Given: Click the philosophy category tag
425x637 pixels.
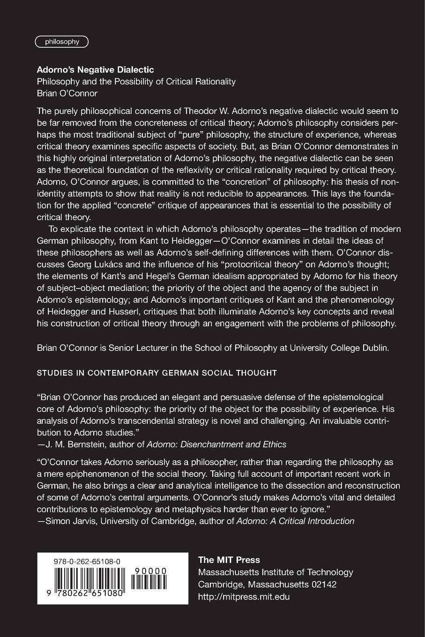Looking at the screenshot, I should [62, 42].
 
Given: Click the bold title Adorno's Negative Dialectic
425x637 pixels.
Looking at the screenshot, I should [96, 70].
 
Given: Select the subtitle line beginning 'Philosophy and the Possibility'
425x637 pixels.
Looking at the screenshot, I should [136, 81].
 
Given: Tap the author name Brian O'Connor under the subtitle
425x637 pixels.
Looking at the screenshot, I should [67, 93].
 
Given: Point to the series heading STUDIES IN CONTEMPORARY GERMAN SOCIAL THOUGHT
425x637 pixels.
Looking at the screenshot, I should [157, 373].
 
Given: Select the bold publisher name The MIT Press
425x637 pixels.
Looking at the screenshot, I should [229, 560].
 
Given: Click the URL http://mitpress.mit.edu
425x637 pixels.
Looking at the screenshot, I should [244, 597].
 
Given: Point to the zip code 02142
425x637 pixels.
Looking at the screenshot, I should [324, 585].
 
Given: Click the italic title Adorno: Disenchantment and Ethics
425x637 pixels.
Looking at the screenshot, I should [216, 444].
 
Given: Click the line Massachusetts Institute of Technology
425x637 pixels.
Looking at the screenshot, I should [276, 572].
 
